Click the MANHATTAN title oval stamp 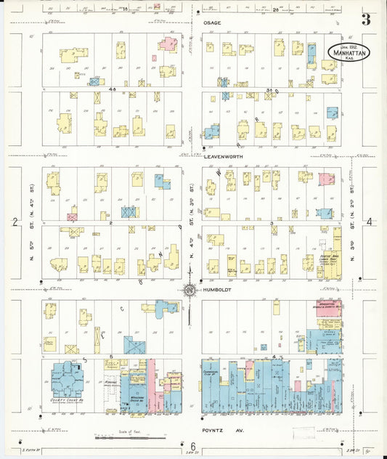point(347,51)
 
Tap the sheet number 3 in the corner point(366,20)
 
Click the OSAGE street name point(213,23)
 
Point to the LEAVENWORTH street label point(223,156)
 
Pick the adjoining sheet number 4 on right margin point(370,222)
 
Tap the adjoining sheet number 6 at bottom point(193,446)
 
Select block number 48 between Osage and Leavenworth point(113,89)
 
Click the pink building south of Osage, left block point(168,44)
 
